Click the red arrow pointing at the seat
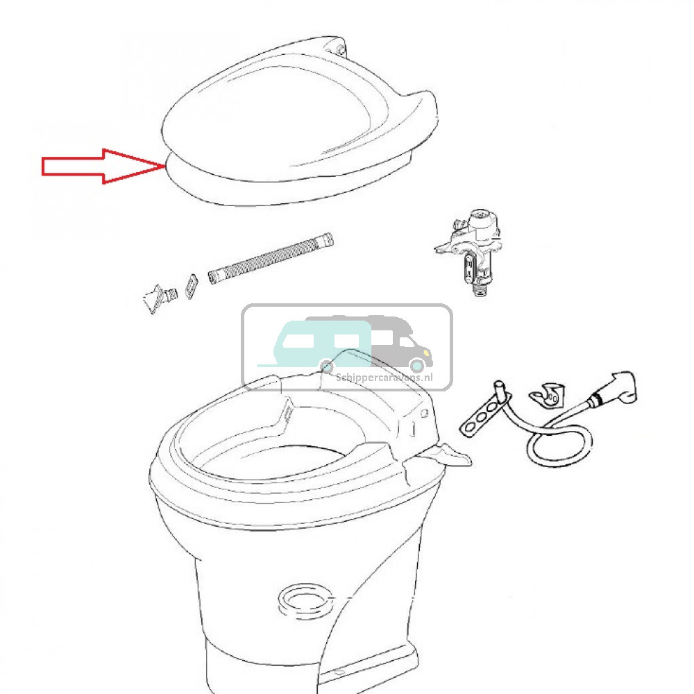(103, 166)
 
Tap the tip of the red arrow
(165, 166)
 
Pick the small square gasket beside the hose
(192, 286)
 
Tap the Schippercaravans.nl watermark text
(384, 378)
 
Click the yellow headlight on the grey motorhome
(426, 353)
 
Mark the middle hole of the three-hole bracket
(480, 416)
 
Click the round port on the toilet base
(305, 600)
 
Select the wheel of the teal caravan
(327, 366)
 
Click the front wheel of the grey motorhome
(416, 365)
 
